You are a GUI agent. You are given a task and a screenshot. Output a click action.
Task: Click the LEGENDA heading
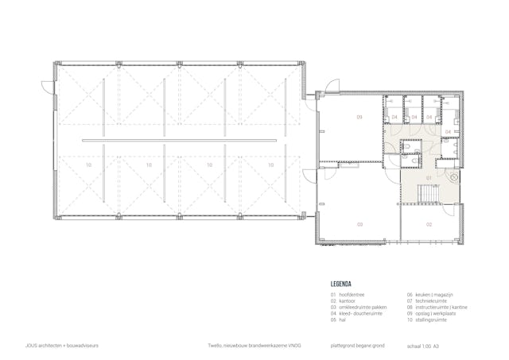pos(342,283)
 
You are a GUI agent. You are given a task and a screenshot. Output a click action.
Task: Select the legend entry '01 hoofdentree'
pos(351,295)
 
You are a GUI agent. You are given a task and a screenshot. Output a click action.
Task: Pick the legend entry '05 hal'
pos(342,322)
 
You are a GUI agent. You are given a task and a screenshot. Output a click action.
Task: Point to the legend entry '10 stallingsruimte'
pos(427,322)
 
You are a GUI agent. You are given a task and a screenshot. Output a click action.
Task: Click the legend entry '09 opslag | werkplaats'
pos(432,315)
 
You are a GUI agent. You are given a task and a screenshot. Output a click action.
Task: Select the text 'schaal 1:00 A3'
pos(422,346)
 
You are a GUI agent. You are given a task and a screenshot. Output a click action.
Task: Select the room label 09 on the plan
pos(359,117)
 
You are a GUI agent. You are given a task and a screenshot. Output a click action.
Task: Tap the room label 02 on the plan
pos(429,225)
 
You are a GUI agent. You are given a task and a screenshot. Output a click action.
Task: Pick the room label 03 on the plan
pos(359,225)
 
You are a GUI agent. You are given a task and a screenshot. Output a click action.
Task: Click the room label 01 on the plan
pos(428,177)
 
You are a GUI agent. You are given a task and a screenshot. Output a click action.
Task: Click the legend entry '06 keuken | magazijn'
pos(430,295)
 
